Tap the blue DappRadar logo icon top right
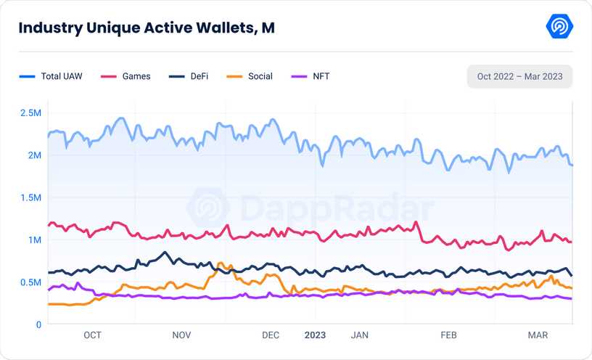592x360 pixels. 559,27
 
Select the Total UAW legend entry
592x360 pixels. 52,76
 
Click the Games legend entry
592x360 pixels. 126,76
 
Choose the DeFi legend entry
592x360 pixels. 188,76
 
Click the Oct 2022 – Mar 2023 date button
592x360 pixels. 519,76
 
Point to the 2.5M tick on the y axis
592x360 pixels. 30,113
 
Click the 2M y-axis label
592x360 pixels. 34,155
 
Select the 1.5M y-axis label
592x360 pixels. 30,197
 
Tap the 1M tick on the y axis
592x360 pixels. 34,240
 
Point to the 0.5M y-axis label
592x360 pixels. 30,282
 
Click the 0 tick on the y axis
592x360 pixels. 38,324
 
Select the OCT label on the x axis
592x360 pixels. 92,335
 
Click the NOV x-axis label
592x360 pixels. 181,335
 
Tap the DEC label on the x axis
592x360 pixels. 270,335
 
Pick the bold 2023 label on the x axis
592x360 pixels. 314,335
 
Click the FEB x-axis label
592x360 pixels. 448,335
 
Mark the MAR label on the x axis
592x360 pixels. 538,335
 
